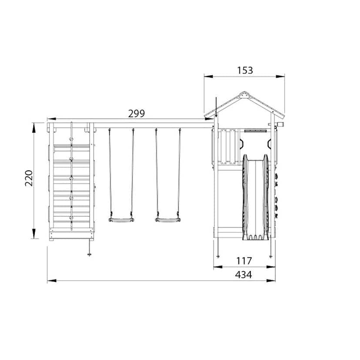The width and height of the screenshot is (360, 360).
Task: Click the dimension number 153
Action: (x=245, y=70)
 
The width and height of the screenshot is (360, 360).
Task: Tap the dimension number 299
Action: (x=137, y=113)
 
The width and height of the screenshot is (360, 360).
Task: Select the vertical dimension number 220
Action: (x=29, y=178)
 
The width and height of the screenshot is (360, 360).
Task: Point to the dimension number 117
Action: (x=244, y=261)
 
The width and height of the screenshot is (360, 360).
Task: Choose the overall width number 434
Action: (x=243, y=275)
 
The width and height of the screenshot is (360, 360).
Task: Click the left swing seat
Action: (x=121, y=220)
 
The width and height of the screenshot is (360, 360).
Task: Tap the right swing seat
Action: (x=168, y=220)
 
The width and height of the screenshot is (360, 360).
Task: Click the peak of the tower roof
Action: (x=244, y=92)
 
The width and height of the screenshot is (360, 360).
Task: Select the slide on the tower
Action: (x=256, y=197)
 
